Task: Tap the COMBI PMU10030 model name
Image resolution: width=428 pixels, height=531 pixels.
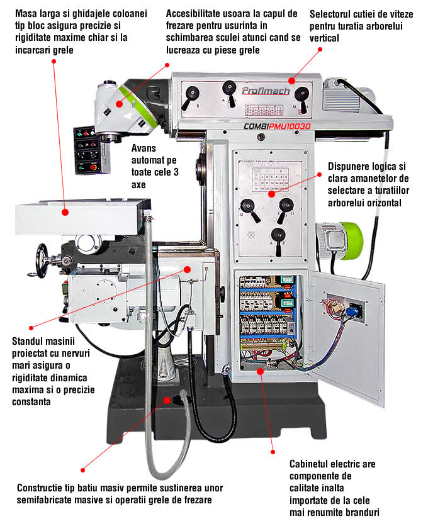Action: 277,126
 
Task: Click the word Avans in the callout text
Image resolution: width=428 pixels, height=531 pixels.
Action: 144,150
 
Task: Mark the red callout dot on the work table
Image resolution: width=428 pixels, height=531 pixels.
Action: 65,213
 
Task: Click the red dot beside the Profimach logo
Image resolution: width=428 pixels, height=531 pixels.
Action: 291,80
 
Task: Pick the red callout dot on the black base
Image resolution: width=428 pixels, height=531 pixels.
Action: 167,398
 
